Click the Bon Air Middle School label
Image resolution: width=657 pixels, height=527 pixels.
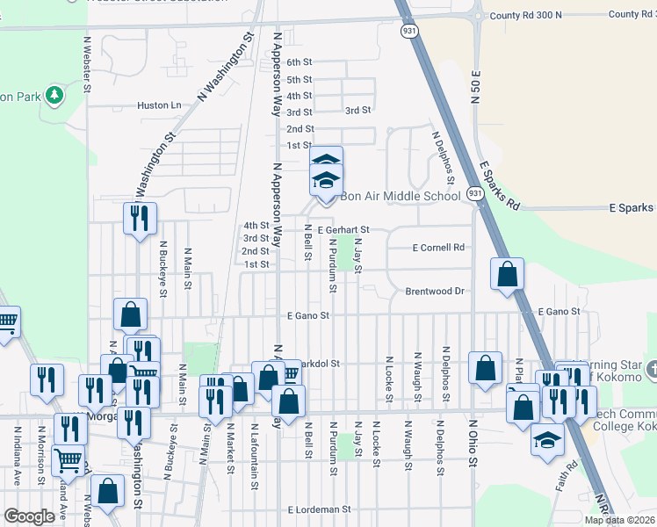coord(400,196)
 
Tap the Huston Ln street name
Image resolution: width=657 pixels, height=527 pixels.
coord(159,105)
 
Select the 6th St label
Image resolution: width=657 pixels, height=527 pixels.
coord(300,62)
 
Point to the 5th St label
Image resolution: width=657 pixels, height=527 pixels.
coord(300,79)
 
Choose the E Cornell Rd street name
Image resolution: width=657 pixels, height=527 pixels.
coord(437,248)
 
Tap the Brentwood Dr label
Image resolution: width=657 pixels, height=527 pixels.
coord(434,291)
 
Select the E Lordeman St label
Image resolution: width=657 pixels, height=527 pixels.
coord(319,509)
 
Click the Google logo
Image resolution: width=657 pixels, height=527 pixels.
coord(30,516)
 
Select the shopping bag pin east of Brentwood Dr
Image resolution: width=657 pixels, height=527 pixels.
coord(508,274)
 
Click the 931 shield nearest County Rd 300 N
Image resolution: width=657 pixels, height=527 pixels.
coord(408,31)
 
